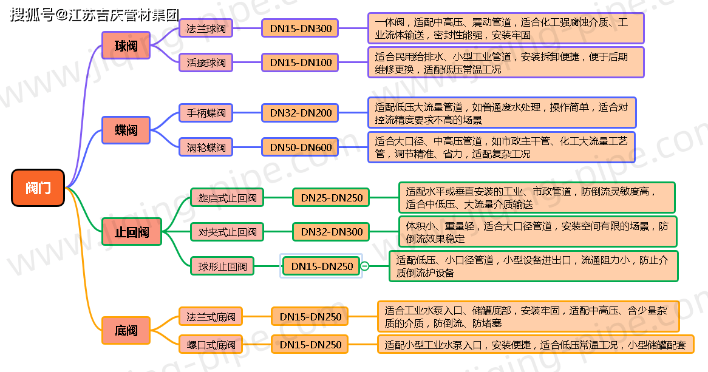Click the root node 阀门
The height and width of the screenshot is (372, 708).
[x=38, y=188]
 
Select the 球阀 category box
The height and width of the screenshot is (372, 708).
[x=126, y=46]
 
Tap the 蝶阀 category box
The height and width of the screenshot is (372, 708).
[x=126, y=130]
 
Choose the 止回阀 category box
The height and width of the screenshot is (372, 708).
[x=131, y=231]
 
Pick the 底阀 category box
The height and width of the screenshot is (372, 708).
[x=126, y=331]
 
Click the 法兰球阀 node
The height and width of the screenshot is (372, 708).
[x=206, y=29]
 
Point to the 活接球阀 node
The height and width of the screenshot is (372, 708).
[x=206, y=63]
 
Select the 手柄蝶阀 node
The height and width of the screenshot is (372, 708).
[x=206, y=113]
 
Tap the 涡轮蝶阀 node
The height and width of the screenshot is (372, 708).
[x=206, y=147]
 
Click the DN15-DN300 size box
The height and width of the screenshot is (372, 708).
[x=301, y=29]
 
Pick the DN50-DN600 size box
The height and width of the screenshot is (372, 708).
[x=301, y=147]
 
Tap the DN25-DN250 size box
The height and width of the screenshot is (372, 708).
[x=332, y=197]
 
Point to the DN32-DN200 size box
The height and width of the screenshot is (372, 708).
[x=301, y=113]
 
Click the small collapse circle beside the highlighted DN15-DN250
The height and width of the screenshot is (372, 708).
[x=365, y=266]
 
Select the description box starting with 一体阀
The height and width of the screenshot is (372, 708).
[x=506, y=29]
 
